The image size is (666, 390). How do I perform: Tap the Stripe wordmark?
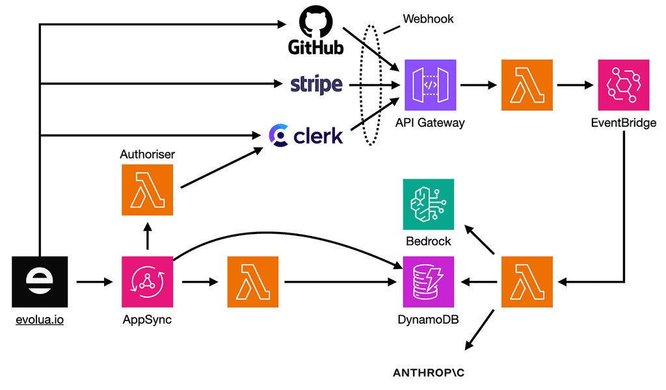point(317,84)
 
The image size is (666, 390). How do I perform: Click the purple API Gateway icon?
point(430,85)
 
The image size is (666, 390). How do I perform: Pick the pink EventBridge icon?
point(624,85)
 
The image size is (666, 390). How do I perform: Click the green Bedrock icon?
point(429,204)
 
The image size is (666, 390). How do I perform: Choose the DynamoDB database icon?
point(429,282)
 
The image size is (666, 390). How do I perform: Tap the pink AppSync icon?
point(147,282)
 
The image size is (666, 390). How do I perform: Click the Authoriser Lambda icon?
point(147,190)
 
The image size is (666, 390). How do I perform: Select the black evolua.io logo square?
point(40,282)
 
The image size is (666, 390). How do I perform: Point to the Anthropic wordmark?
point(429,373)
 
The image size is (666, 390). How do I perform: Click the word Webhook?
point(428,19)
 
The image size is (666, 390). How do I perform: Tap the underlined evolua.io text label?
point(40,320)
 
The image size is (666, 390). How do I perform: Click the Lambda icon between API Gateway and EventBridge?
point(527,85)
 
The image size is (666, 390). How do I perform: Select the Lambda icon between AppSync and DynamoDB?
point(252,282)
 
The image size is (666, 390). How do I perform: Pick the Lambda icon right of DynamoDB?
point(527,282)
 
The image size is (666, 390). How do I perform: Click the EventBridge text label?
point(624,122)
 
